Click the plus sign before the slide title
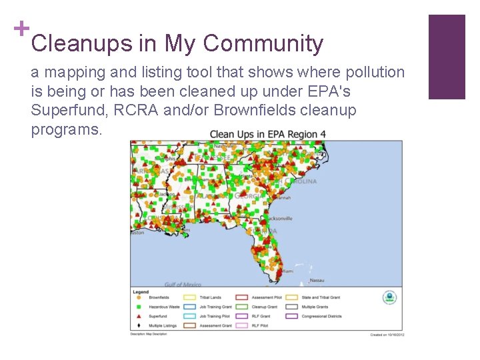pos(21,29)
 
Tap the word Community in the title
pos(263,44)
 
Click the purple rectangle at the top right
pos(446,57)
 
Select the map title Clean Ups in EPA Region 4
pos(268,134)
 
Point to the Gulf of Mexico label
pos(183,285)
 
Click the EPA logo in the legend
pos(389,298)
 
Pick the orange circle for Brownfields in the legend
pos(137,297)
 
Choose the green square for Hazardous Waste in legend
pos(137,307)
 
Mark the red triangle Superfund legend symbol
pos(137,316)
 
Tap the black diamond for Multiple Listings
pos(137,325)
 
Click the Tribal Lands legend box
pos(189,297)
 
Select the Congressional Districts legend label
pos(322,316)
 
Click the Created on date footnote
pos(387,335)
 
